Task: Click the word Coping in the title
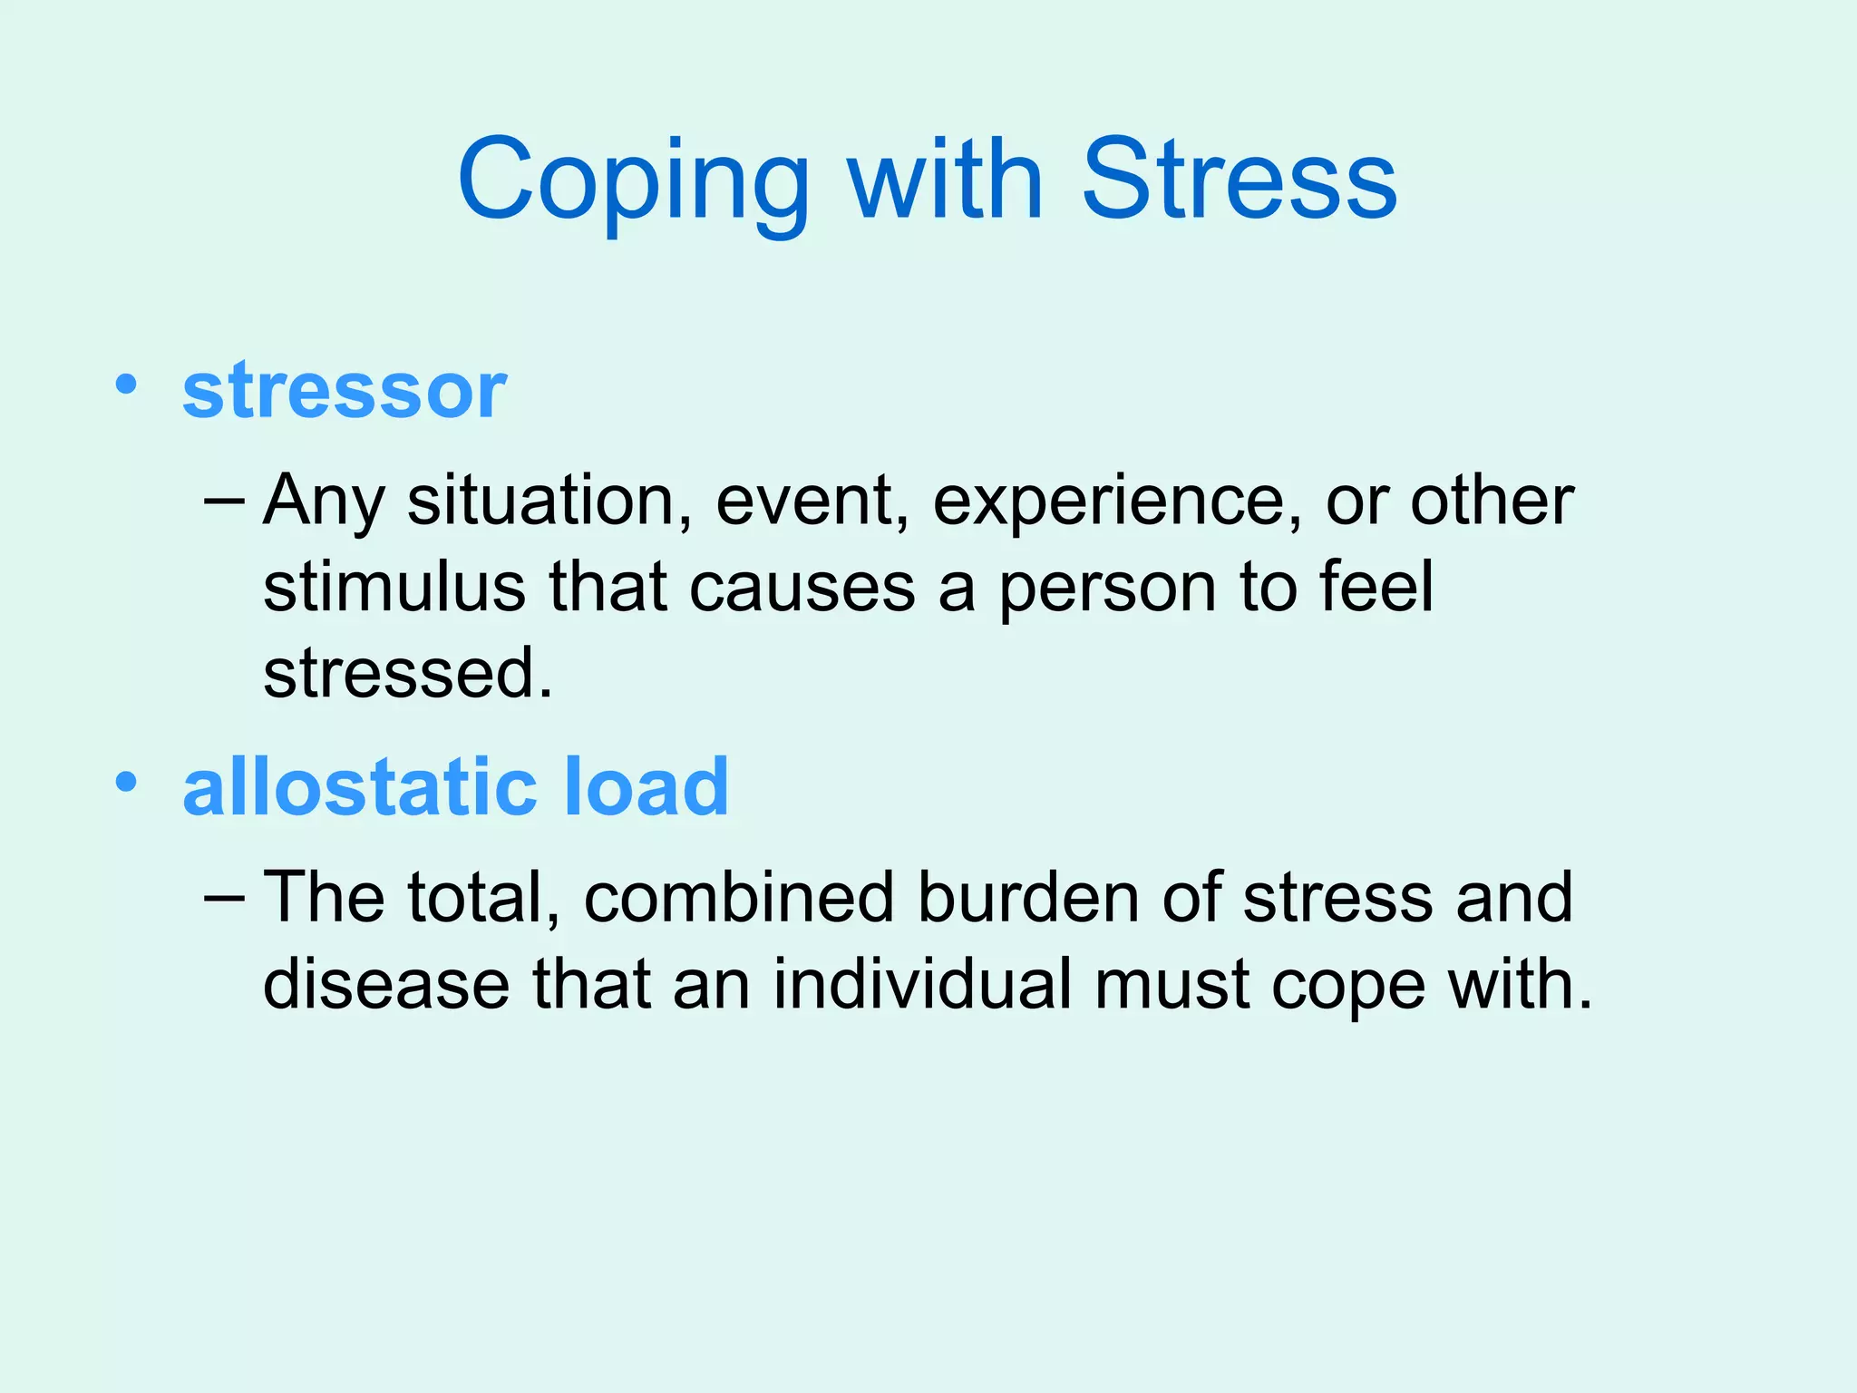[x=633, y=181]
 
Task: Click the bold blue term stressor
[x=345, y=390]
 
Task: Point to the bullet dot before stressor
[x=126, y=385]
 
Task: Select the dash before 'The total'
[x=225, y=897]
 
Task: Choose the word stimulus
[x=394, y=587]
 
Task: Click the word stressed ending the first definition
[x=407, y=673]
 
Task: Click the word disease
[x=386, y=984]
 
